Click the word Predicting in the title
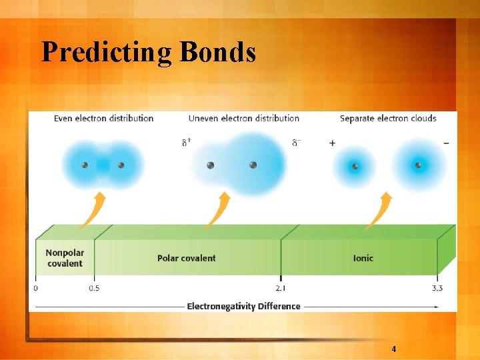pos(97,52)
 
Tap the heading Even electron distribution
pos(103,119)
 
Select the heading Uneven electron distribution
pos(244,119)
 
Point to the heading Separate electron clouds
pos(388,119)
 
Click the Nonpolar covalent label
pos(65,258)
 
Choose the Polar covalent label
pos(187,258)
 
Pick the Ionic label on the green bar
pos(363,258)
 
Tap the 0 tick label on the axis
pos(35,288)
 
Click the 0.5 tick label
pos(94,288)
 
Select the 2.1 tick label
pos(281,288)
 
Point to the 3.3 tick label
pos(437,288)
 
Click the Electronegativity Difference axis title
pos(244,307)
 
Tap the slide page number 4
pos(394,349)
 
